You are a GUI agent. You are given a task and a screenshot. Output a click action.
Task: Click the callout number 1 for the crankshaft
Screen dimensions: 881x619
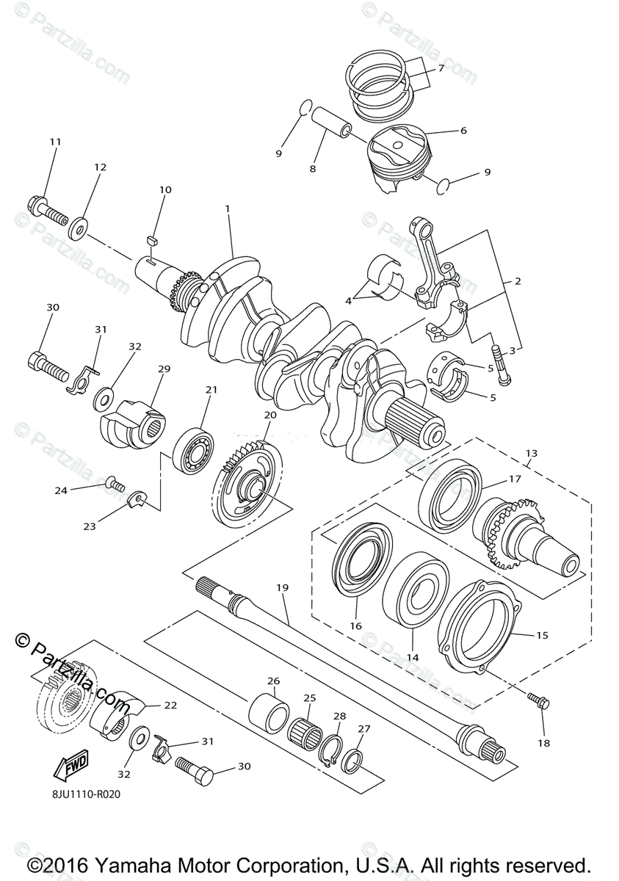[x=228, y=209]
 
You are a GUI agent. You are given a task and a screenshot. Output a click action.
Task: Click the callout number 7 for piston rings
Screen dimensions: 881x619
[x=441, y=68]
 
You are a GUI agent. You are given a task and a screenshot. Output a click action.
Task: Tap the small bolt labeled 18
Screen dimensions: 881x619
[x=540, y=702]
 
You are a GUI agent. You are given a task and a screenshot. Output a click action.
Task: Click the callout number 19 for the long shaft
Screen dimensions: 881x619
[x=283, y=587]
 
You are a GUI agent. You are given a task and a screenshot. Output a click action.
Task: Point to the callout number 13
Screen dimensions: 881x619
[x=531, y=453]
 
